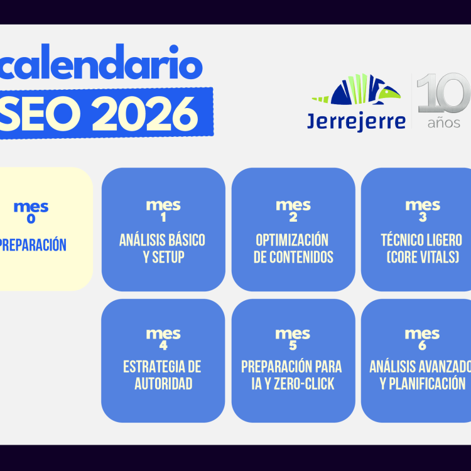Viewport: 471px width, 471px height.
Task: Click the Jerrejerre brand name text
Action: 356,121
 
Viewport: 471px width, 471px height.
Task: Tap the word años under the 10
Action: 444,122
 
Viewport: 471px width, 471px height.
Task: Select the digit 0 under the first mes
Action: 31,219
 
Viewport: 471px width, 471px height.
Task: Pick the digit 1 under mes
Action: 163,218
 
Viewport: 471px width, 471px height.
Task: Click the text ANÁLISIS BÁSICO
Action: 163,240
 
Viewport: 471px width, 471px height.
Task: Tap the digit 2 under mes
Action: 293,218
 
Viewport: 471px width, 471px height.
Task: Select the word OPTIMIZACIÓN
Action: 293,240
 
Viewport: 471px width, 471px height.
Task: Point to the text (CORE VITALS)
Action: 421,257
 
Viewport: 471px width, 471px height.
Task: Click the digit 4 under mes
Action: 163,345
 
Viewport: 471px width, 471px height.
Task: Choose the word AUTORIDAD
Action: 163,384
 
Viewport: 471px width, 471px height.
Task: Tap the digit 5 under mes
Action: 293,345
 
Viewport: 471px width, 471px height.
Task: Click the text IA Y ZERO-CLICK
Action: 292,384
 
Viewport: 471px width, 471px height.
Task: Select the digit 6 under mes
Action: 422,345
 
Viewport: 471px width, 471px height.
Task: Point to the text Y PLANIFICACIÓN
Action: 423,384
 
